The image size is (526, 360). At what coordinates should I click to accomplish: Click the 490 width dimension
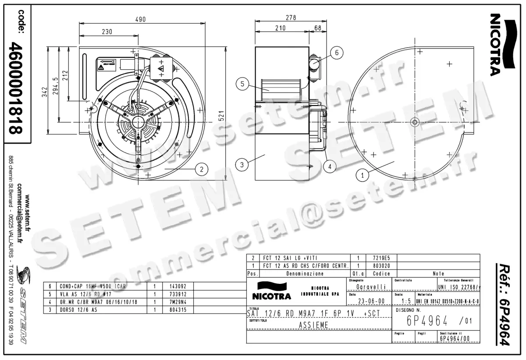click(140, 19)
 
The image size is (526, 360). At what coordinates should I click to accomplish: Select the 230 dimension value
click(107, 32)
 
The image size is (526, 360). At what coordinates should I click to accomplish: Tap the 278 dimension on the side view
click(291, 18)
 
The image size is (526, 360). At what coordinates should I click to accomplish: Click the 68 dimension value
click(318, 28)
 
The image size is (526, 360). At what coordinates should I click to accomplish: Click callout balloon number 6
click(337, 53)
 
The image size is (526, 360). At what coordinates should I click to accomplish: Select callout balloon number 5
click(242, 84)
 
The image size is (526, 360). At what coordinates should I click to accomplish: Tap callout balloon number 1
click(363, 176)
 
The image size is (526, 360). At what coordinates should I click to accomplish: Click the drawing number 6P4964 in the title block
click(427, 321)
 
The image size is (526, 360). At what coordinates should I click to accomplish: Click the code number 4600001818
click(16, 88)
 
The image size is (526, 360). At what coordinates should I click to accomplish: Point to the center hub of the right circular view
click(414, 121)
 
